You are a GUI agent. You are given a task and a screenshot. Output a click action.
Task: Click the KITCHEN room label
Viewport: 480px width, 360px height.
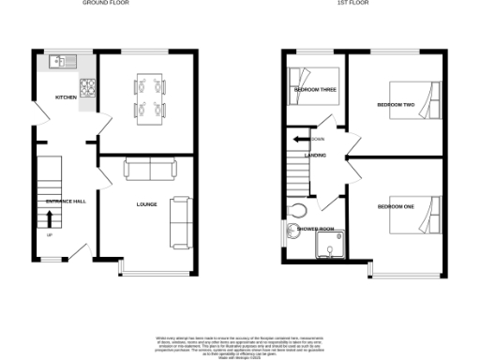pos(66,97)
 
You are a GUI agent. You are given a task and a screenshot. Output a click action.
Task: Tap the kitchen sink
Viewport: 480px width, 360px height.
pos(59,62)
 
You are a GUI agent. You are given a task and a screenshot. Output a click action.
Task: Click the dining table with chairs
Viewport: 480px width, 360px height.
pos(148,97)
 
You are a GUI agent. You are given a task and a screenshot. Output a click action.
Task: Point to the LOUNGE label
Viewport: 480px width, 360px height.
pos(146,203)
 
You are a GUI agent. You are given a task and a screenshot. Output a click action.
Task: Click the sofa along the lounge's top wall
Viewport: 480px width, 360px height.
pos(150,169)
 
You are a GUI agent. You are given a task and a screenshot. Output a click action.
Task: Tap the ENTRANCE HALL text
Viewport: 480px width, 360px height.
pos(66,202)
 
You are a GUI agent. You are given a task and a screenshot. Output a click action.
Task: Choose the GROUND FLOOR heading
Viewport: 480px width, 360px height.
pos(106,4)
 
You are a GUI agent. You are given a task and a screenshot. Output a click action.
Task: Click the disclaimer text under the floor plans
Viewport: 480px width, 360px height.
pos(240,343)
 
